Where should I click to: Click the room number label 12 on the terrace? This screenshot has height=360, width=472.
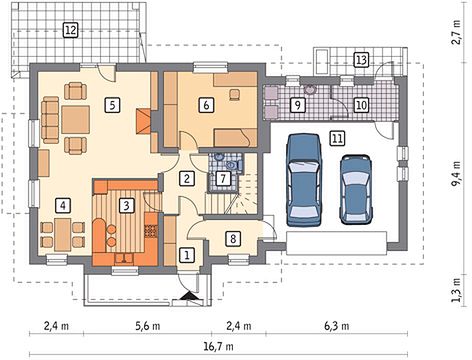[70, 30]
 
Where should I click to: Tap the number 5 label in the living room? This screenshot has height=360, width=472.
[112, 105]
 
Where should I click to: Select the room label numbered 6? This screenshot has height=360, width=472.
[206, 105]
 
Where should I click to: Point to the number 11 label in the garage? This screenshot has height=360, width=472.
[337, 138]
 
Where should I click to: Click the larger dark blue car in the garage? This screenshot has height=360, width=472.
[305, 180]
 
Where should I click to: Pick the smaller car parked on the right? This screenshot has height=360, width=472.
[356, 189]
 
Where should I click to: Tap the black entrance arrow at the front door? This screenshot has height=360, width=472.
[189, 296]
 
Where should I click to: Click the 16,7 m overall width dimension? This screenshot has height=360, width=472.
[218, 347]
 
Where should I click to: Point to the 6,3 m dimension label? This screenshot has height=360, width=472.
[337, 326]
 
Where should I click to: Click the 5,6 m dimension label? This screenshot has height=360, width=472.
[147, 326]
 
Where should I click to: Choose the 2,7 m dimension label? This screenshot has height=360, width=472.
[456, 33]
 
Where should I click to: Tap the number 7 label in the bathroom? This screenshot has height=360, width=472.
[223, 178]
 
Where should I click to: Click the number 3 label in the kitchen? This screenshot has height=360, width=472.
[126, 205]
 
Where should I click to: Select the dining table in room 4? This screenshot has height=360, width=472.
[63, 234]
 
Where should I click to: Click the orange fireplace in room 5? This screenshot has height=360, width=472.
[144, 121]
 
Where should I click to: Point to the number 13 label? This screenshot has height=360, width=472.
[361, 60]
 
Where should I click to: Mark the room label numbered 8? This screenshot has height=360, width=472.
[233, 239]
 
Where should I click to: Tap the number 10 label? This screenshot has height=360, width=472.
[361, 105]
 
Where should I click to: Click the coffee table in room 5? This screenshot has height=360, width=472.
[75, 120]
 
